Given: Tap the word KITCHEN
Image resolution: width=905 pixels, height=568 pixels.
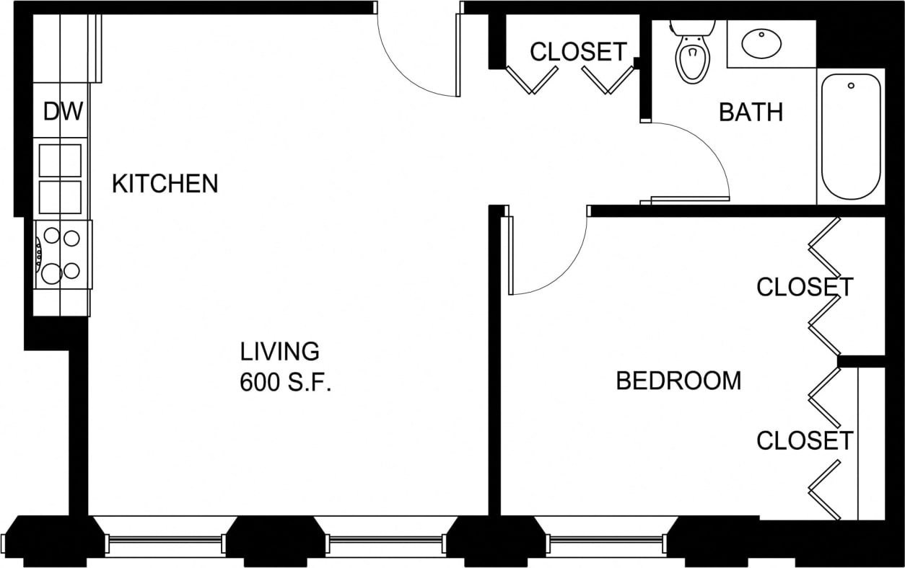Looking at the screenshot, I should (x=165, y=184).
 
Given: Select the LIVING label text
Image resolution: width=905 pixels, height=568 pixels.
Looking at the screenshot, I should (x=279, y=352).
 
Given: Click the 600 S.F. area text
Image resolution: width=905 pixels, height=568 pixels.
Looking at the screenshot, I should (x=285, y=383).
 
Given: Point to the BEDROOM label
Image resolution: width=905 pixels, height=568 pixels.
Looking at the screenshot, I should (x=678, y=381).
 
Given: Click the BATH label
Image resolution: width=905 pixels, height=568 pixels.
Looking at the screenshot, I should (x=751, y=112).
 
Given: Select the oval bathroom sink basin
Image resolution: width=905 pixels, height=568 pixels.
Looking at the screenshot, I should (x=762, y=43).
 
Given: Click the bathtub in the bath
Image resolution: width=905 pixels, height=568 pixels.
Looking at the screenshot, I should (x=851, y=136).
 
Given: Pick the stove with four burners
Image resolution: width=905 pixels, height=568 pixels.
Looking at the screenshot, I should (x=62, y=254).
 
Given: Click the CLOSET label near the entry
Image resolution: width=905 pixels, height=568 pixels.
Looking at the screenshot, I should (x=578, y=52).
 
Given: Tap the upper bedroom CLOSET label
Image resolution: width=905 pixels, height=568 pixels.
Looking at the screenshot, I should (x=805, y=287).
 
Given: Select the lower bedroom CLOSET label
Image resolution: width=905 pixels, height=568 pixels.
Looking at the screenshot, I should (x=805, y=440).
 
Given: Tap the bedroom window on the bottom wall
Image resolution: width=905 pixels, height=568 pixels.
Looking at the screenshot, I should (x=606, y=540).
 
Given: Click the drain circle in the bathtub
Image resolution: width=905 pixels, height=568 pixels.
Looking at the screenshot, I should (x=852, y=86).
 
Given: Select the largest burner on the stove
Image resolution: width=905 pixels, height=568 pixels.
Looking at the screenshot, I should (x=51, y=273).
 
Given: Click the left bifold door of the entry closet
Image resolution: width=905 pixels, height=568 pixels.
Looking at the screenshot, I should (x=532, y=79).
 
